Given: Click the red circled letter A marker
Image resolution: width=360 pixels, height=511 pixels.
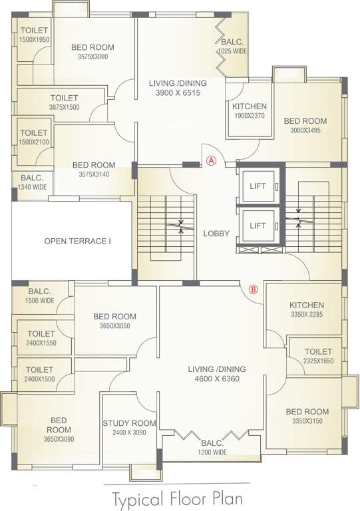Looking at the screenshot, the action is tap(212, 160).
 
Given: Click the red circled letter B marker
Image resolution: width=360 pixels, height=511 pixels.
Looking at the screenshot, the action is tap(253, 289).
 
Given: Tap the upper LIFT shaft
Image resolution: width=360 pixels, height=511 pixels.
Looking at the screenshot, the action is tap(258, 186).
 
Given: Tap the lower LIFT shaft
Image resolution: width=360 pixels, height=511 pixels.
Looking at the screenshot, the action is tap(258, 226).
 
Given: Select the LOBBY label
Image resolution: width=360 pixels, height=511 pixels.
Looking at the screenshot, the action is tap(216, 234).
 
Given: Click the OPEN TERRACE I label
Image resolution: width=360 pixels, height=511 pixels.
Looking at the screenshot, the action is tap(78, 241).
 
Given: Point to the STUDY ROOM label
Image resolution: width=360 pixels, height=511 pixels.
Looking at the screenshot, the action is tap(129, 423).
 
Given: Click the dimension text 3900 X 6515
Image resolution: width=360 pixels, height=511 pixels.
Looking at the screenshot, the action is tap(178, 93).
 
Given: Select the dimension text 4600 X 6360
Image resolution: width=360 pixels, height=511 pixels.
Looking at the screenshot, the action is tap(217, 379).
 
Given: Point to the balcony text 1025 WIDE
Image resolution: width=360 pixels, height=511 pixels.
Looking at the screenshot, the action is tap(233, 51).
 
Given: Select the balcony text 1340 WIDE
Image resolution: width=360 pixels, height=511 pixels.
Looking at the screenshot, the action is tap(32, 187).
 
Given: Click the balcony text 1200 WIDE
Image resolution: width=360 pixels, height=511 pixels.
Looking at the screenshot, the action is tap(212, 452).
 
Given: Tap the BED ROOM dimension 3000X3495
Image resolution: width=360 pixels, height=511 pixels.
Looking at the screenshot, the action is tap(305, 130).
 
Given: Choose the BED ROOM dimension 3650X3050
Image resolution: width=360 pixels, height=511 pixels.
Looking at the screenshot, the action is tap(114, 325).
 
